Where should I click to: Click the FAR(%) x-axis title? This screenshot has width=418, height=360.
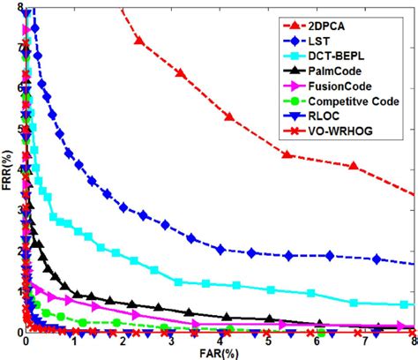(x=220, y=351)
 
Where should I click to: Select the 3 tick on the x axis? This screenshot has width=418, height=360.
(x=171, y=340)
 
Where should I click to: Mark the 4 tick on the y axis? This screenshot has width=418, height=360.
(x=17, y=169)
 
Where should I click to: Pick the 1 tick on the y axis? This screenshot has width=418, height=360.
(x=17, y=291)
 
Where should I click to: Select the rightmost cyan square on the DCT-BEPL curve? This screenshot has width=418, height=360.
(x=404, y=304)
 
